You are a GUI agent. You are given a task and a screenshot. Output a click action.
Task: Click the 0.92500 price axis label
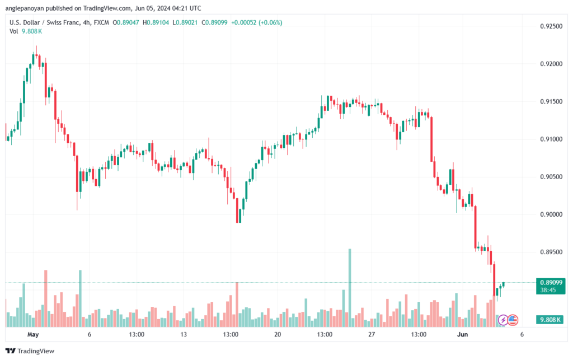pyautogui.click(x=551, y=26)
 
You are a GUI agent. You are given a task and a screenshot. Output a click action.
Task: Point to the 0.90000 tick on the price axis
pyautogui.click(x=551, y=214)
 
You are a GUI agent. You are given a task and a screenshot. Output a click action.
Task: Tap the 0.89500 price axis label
pyautogui.click(x=551, y=252)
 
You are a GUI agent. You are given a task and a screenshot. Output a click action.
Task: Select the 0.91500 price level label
pyautogui.click(x=551, y=101)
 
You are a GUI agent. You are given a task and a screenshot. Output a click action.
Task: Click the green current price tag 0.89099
pyautogui.click(x=551, y=283)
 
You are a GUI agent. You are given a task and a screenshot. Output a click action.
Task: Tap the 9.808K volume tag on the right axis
pyautogui.click(x=551, y=320)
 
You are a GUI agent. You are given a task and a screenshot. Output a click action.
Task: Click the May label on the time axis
pyautogui.click(x=33, y=335)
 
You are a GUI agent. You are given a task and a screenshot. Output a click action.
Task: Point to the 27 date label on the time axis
pyautogui.click(x=371, y=335)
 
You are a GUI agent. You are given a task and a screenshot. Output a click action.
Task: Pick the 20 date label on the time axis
pyautogui.click(x=278, y=335)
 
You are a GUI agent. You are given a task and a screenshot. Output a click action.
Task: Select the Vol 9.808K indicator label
pyautogui.click(x=25, y=31)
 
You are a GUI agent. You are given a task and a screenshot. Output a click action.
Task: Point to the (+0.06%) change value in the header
pyautogui.click(x=270, y=22)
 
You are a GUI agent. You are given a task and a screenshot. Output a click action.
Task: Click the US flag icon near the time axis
pyautogui.click(x=513, y=320)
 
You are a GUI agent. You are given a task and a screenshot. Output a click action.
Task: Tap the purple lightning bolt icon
pyautogui.click(x=503, y=320)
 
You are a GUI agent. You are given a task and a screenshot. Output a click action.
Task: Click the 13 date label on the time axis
pyautogui.click(x=184, y=335)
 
